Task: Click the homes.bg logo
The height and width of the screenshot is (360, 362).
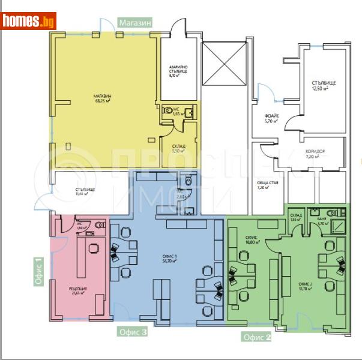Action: coord(28,22)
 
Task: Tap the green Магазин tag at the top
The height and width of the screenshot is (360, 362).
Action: coord(135,22)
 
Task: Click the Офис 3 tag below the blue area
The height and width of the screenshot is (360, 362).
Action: coord(133,331)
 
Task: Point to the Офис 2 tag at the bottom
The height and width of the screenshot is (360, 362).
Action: coord(257,337)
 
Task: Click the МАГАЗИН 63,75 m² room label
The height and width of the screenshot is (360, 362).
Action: coord(103,99)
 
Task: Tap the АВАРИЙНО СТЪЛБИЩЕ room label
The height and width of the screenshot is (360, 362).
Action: coord(178,71)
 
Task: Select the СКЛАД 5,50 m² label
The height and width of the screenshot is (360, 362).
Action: coord(178,149)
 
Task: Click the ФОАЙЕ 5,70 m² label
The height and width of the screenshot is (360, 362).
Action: coord(271,119)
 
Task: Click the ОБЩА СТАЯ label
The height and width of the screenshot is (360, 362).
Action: coord(265,185)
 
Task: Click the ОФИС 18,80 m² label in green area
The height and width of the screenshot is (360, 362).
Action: coord(252,239)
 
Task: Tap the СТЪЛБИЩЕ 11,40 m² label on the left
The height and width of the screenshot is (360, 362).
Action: coord(85,192)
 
